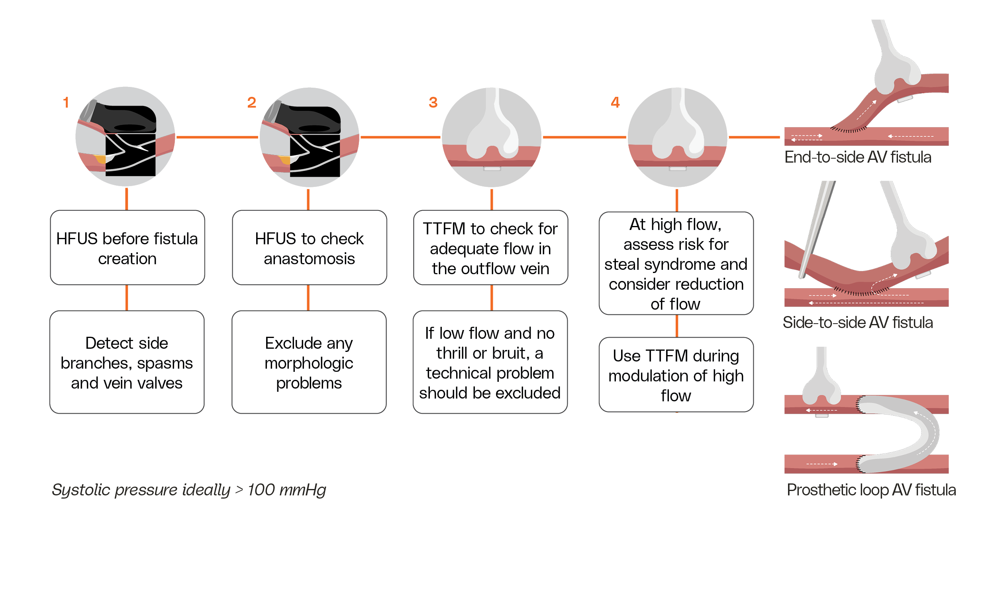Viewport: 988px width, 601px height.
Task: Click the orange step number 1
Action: tap(66, 102)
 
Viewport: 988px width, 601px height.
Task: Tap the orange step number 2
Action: tap(251, 102)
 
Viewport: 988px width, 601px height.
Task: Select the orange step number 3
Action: tap(433, 102)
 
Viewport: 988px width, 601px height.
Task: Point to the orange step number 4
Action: tap(615, 102)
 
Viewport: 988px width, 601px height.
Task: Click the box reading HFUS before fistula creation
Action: tap(127, 248)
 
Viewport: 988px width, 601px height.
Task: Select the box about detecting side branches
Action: tap(127, 362)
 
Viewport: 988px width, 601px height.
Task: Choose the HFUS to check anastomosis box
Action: tap(309, 248)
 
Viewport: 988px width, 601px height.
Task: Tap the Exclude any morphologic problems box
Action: tap(309, 362)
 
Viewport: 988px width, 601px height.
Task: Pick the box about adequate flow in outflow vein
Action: tap(490, 248)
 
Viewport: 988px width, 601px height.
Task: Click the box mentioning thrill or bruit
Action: tap(490, 362)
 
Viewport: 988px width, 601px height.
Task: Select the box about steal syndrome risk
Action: tap(676, 263)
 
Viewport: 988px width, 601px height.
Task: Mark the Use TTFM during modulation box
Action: tap(676, 375)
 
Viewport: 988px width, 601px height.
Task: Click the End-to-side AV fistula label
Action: tap(858, 157)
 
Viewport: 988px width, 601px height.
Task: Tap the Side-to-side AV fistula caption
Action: tap(858, 322)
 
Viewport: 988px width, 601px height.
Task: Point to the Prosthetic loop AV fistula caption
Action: tap(871, 490)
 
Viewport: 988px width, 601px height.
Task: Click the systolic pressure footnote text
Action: tap(189, 490)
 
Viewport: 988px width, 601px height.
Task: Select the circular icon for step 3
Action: tap(492, 137)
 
